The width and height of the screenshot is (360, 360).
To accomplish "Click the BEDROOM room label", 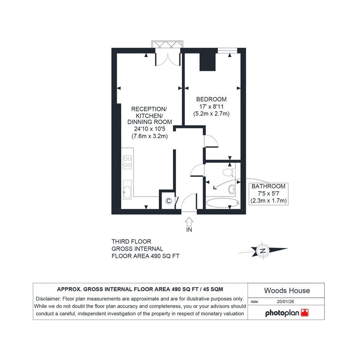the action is coord(211,99).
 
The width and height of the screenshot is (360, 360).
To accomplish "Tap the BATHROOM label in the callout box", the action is coord(269,186).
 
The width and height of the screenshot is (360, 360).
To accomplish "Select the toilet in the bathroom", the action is coord(229,172).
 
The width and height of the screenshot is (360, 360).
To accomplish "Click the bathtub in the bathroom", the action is coord(222,203).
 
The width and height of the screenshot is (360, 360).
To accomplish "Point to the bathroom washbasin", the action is coord(232,189).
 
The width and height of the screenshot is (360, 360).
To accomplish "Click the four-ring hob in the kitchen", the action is coord(127,162).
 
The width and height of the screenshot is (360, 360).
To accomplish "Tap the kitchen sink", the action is coord(127,190).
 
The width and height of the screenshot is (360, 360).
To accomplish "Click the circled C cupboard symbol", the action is coord(168,201).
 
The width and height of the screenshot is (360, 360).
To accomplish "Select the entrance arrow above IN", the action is coord(189,222).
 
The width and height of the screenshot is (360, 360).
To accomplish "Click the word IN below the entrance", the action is coord(189,230).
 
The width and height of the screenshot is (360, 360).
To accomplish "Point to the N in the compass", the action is coord(263,251).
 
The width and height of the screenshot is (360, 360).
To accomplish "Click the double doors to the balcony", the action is coord(168,59).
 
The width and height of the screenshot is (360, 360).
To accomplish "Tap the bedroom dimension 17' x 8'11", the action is coord(211,107).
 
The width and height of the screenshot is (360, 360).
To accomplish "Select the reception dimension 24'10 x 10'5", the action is coord(149,129).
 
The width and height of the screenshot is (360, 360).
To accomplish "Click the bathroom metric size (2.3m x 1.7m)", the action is coord(269,201).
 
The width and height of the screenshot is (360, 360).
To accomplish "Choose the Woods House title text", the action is coord(287,290).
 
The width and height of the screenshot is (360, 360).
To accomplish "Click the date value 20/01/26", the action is coord(285,301).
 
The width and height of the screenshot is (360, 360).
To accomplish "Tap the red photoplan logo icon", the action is coord(305,312).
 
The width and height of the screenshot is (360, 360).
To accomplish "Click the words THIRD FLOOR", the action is coord(131,242).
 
